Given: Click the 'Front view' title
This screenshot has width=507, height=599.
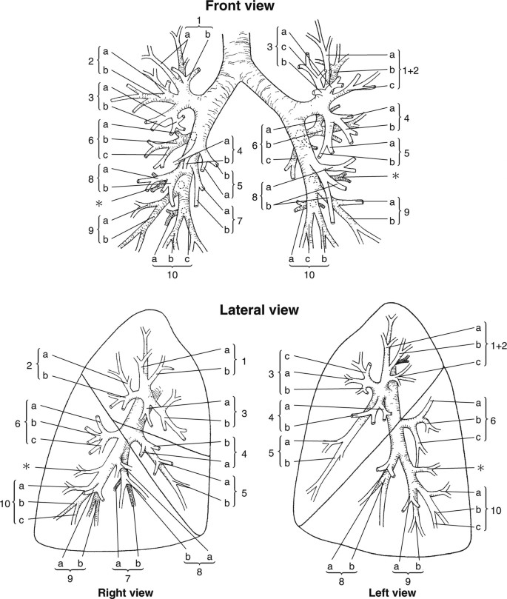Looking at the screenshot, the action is point(240,5).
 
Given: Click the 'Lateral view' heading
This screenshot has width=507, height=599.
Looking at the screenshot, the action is point(259,309).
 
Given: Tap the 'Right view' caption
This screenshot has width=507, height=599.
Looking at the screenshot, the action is point(126,592).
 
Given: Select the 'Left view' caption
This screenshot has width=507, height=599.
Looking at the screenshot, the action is point(392,592).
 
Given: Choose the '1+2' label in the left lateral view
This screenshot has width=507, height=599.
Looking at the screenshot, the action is point(498,345).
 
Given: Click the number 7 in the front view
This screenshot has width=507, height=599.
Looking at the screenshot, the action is point(239,220).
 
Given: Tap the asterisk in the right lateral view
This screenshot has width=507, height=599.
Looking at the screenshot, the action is point(27,466).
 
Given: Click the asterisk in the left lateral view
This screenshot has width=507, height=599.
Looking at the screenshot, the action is point(482,468).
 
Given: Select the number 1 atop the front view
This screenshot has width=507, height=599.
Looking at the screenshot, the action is point(199,21).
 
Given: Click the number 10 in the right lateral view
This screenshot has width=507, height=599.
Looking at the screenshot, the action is point(6,504).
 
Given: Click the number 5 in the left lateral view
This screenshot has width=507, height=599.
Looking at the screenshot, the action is point(272,452).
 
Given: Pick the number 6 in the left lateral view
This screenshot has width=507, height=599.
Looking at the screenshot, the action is point(493,421).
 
